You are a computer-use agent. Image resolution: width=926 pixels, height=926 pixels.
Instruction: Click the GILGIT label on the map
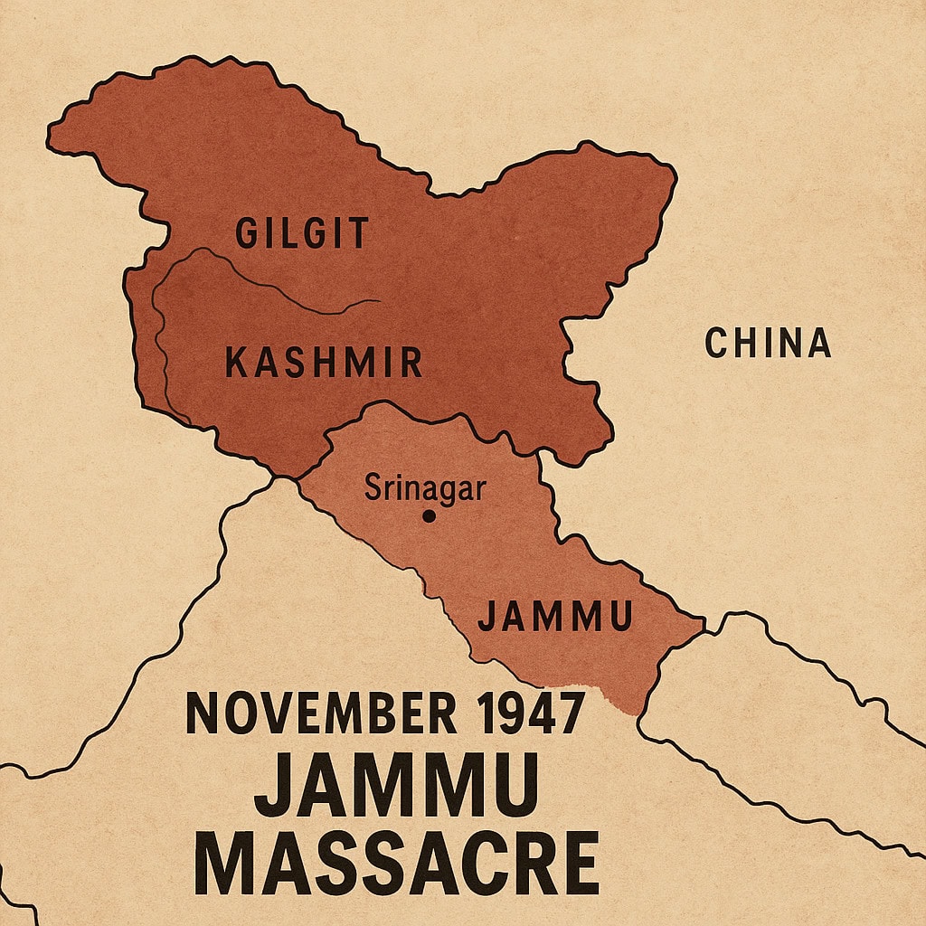pyautogui.click(x=301, y=233)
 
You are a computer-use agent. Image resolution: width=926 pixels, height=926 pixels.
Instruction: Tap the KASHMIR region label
pyautogui.click(x=323, y=364)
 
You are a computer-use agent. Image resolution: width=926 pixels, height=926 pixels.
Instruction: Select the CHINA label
pyautogui.click(x=767, y=344)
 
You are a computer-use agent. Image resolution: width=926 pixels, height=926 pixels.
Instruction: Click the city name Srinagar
pyautogui.click(x=425, y=489)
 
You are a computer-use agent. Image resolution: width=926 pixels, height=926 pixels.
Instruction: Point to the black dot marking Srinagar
pyautogui.click(x=429, y=516)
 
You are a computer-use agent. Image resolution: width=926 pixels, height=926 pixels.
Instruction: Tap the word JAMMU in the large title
pyautogui.click(x=396, y=785)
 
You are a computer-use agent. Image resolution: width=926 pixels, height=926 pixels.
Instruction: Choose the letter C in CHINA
pyautogui.click(x=716, y=344)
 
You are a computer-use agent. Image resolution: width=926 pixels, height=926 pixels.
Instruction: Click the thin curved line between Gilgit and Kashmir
pyautogui.click(x=271, y=280)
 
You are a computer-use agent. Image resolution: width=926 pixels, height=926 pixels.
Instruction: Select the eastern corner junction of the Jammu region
pyautogui.click(x=703, y=622)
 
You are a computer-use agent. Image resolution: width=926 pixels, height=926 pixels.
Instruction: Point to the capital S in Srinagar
pyautogui.click(x=372, y=489)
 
